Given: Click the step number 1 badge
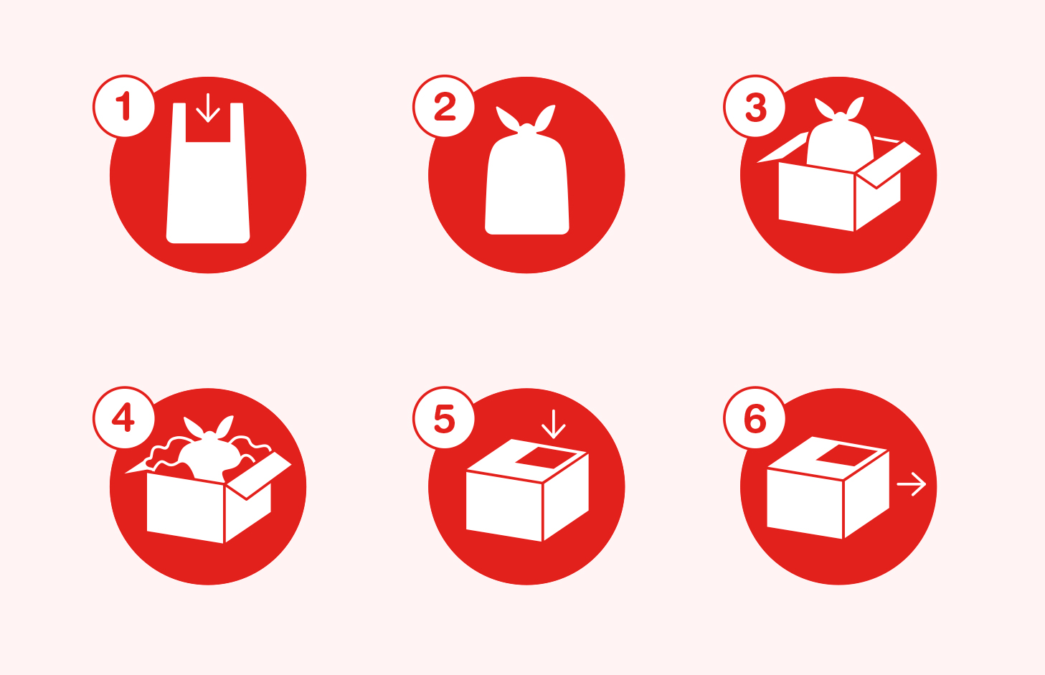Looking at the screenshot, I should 124,106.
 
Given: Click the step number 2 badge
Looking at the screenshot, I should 444,106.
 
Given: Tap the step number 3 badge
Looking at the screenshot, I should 755,106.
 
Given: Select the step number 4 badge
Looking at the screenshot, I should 124,417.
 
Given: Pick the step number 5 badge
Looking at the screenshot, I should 444,417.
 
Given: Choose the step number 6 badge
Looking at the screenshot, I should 755,417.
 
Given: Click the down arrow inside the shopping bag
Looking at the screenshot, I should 208,108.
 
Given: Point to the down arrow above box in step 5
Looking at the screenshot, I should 553,424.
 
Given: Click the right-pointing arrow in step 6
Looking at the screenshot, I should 912,484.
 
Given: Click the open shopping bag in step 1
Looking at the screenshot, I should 208,194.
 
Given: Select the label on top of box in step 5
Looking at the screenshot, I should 545,458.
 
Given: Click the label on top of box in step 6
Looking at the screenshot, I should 846,455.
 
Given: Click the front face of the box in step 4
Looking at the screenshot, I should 185,508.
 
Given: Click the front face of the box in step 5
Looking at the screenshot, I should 503,506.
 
